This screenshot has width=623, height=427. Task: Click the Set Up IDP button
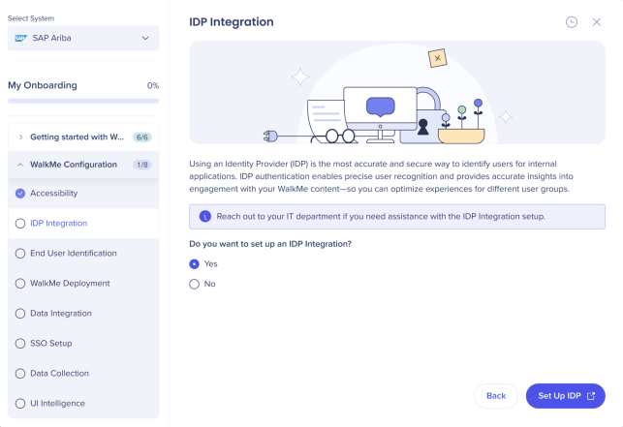point(566,396)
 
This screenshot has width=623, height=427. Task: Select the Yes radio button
point(195,264)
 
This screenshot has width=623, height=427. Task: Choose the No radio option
point(195,284)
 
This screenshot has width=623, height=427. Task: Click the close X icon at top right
point(597,22)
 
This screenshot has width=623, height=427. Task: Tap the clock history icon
point(572,22)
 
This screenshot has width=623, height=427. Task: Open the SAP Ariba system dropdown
point(83,38)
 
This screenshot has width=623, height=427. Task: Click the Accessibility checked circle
point(20,194)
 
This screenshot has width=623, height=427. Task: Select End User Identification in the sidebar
point(74,254)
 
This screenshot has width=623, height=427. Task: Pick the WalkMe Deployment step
point(70,283)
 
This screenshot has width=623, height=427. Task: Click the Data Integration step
point(61,314)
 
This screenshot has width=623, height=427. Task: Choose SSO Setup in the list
point(50,343)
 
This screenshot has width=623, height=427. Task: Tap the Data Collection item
point(60,374)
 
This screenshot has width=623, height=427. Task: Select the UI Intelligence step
point(57,403)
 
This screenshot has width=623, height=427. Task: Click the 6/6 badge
point(141,137)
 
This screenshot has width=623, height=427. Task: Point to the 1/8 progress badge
point(141,165)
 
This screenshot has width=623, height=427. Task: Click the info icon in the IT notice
point(205,217)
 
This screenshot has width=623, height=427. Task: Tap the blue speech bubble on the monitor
point(380,107)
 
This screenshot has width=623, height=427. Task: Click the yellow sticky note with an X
point(437,58)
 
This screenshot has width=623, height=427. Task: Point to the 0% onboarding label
point(153,86)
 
